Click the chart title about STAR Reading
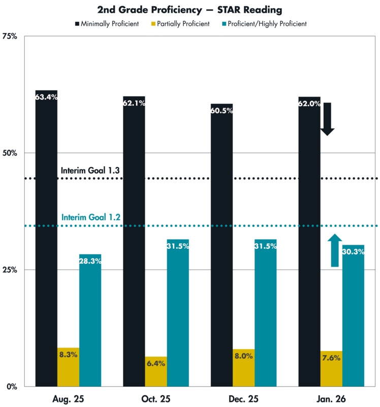(x=189, y=10)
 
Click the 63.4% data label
(x=46, y=97)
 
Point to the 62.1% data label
(x=134, y=103)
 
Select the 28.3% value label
(x=90, y=261)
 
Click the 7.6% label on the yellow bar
(x=331, y=358)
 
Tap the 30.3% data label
(x=353, y=252)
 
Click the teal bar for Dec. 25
(x=265, y=315)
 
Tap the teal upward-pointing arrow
(x=334, y=249)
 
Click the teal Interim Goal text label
(x=90, y=217)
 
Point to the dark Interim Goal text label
(x=90, y=170)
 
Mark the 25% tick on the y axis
(x=11, y=270)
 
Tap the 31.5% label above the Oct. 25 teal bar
(x=178, y=246)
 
